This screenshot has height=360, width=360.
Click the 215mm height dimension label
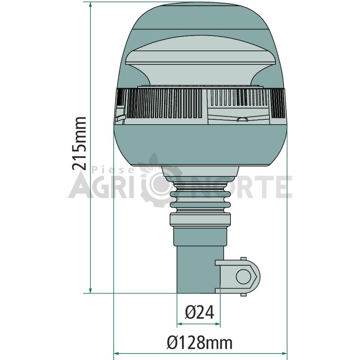pyautogui.click(x=79, y=144)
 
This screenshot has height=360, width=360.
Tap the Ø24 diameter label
pyautogui.click(x=199, y=312)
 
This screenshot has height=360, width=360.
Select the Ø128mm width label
pyautogui.click(x=199, y=343)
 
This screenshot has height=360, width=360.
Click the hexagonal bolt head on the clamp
pyautogui.click(x=244, y=277)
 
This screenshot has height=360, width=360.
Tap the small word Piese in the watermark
pyautogui.click(x=113, y=170)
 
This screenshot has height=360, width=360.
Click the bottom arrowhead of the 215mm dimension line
pyautogui.click(x=90, y=289)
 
